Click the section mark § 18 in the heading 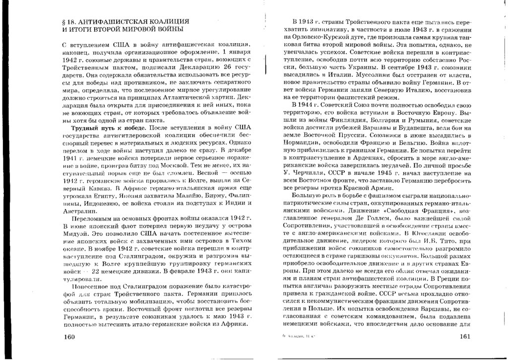[65, 22]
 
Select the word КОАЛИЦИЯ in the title [163, 22]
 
